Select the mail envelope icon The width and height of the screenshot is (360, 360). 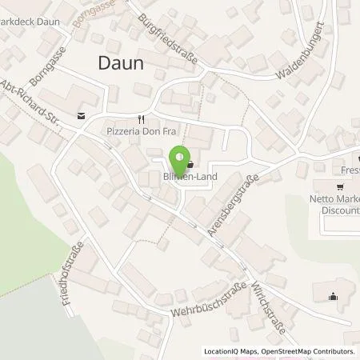point(81,115)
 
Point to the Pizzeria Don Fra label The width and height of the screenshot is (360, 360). point(139,129)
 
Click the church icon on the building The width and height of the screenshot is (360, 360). point(333,297)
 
